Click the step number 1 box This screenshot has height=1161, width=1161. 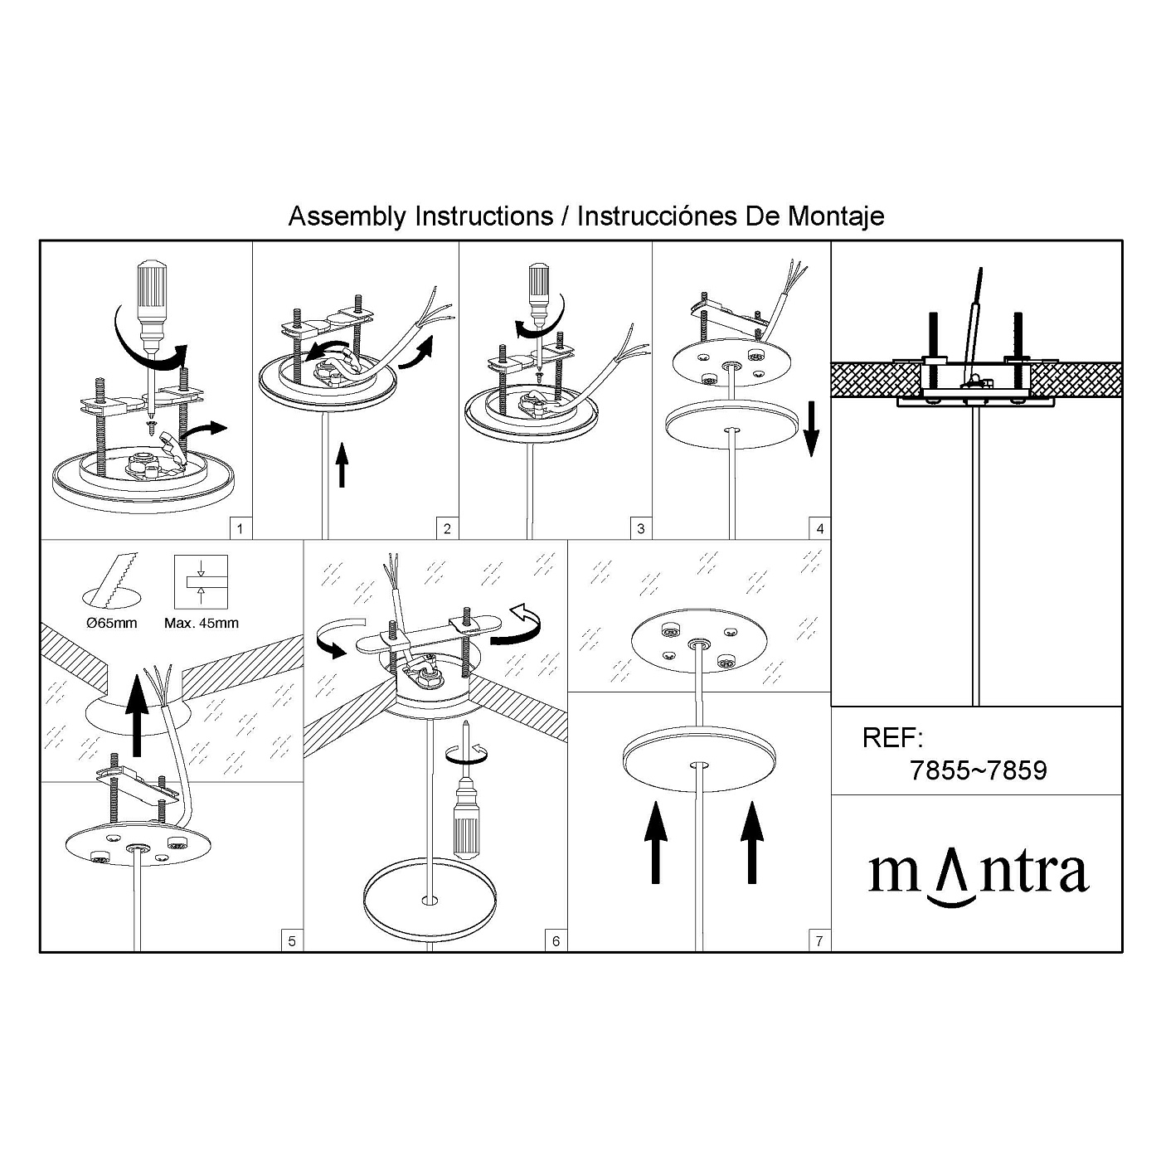[241, 528]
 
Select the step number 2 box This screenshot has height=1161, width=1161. [448, 528]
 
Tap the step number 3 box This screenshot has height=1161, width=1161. [641, 528]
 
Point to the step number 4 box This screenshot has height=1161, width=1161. [820, 528]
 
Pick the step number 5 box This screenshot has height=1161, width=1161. [292, 940]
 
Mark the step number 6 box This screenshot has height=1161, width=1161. [556, 940]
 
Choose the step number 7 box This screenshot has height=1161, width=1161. [819, 940]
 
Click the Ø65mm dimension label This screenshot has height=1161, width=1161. [111, 623]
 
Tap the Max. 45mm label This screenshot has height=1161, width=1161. [202, 623]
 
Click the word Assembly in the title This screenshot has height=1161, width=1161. [347, 216]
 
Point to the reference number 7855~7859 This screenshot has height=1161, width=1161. [978, 770]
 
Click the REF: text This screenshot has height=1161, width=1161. [892, 737]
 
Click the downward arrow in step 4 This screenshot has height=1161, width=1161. [812, 429]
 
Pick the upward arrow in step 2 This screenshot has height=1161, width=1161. [342, 464]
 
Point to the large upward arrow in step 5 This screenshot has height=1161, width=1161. [138, 715]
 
